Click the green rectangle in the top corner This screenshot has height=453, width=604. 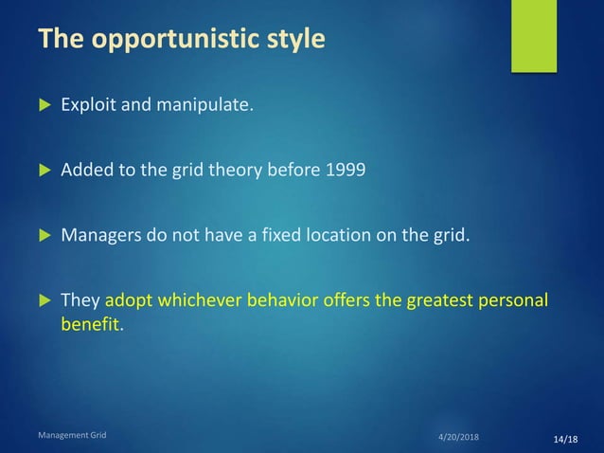534,35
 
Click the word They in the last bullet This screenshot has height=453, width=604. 80,301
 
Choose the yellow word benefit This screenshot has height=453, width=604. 90,323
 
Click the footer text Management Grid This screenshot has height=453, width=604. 72,435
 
